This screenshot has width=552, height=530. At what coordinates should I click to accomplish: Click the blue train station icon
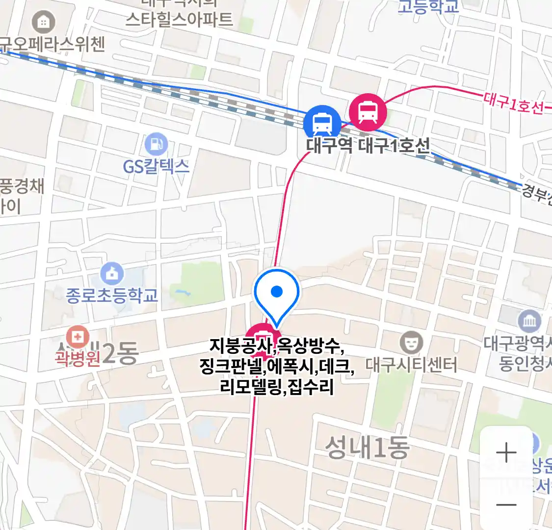(x=322, y=123)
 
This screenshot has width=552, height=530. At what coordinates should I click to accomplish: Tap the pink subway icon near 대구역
(x=368, y=112)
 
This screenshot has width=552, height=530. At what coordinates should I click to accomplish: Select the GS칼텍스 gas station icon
(x=156, y=145)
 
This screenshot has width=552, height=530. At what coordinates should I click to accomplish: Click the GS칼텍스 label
(x=156, y=166)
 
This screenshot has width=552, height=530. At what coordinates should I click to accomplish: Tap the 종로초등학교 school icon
(x=112, y=274)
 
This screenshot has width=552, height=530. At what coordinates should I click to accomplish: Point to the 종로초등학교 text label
(x=112, y=295)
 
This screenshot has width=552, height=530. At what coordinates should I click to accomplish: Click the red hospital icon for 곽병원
(x=78, y=337)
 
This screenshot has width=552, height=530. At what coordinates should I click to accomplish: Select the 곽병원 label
(x=78, y=358)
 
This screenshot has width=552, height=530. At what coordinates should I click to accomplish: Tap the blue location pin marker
(x=277, y=293)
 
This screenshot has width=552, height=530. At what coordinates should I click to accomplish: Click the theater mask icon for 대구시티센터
(x=411, y=342)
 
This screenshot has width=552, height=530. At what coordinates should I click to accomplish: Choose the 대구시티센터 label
(x=411, y=365)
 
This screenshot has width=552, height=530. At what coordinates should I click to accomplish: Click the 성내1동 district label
(x=367, y=448)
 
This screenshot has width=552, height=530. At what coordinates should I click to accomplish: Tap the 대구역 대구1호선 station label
(x=368, y=145)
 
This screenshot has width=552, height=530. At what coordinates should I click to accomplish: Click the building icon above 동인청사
(x=529, y=321)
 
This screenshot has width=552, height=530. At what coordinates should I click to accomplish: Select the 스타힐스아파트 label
(x=179, y=20)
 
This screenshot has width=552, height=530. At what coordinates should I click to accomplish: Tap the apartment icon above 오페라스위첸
(x=43, y=22)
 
